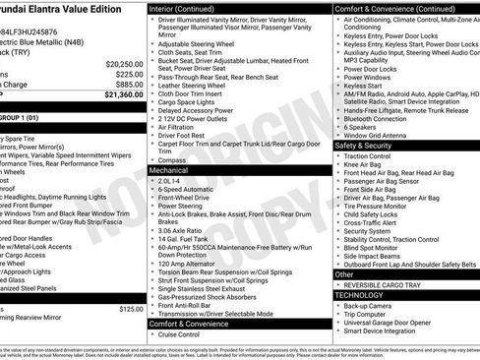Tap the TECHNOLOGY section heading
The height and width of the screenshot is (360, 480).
click(x=360, y=294)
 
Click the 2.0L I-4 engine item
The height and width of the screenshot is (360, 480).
click(x=170, y=180)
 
